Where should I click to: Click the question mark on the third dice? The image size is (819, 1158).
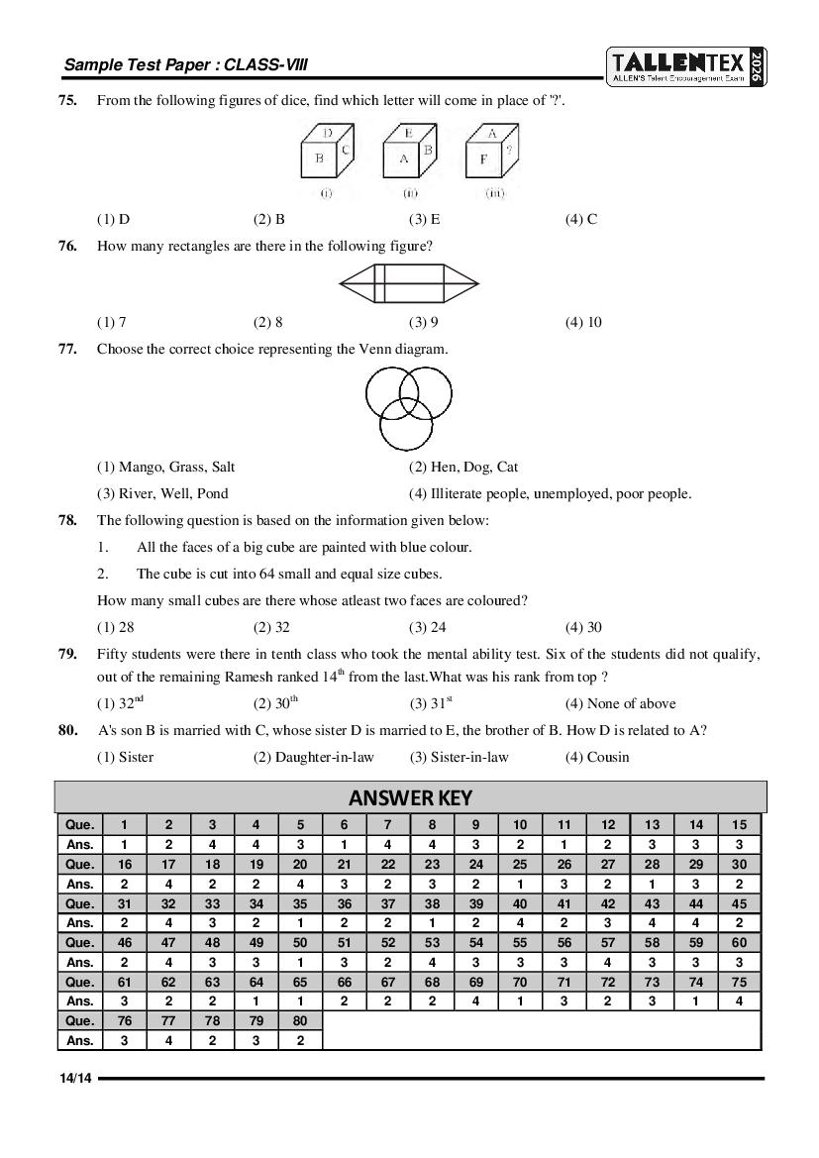[508, 152]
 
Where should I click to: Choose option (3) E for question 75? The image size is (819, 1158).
[424, 220]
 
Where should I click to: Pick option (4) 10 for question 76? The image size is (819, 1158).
[583, 322]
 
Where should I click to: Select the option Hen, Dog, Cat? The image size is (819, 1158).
[463, 467]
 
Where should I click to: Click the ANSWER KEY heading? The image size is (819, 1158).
[410, 797]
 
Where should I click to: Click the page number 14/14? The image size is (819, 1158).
[74, 1079]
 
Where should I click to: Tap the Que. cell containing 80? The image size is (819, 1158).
[300, 1020]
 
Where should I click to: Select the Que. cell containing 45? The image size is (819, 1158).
[740, 903]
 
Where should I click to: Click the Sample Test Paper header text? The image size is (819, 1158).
[185, 65]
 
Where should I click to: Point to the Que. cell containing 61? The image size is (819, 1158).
[124, 982]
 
